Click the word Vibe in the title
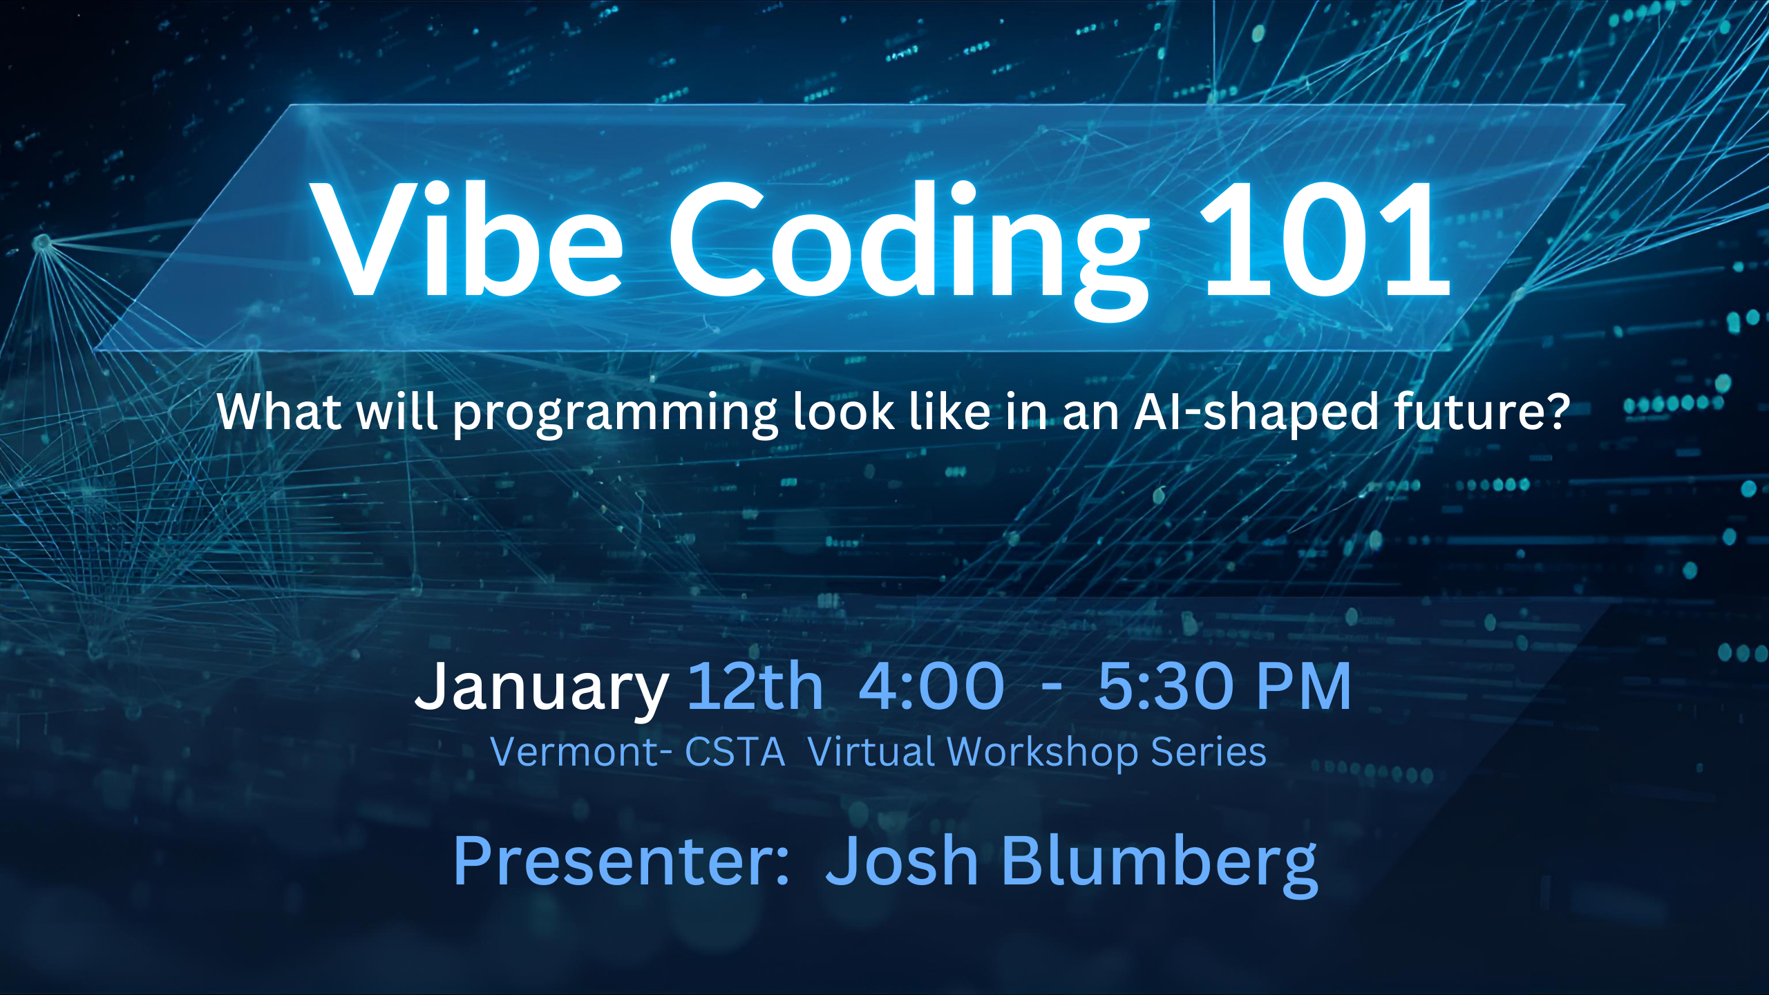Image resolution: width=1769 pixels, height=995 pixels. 467,239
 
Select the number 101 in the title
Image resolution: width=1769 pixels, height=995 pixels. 1323,239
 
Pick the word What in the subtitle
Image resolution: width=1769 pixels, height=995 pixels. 279,412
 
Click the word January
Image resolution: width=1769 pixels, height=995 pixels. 541,688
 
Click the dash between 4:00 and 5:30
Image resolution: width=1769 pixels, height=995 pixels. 1051,688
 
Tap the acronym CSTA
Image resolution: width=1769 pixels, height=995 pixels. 735,752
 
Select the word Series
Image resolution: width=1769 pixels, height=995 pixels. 1209,752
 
